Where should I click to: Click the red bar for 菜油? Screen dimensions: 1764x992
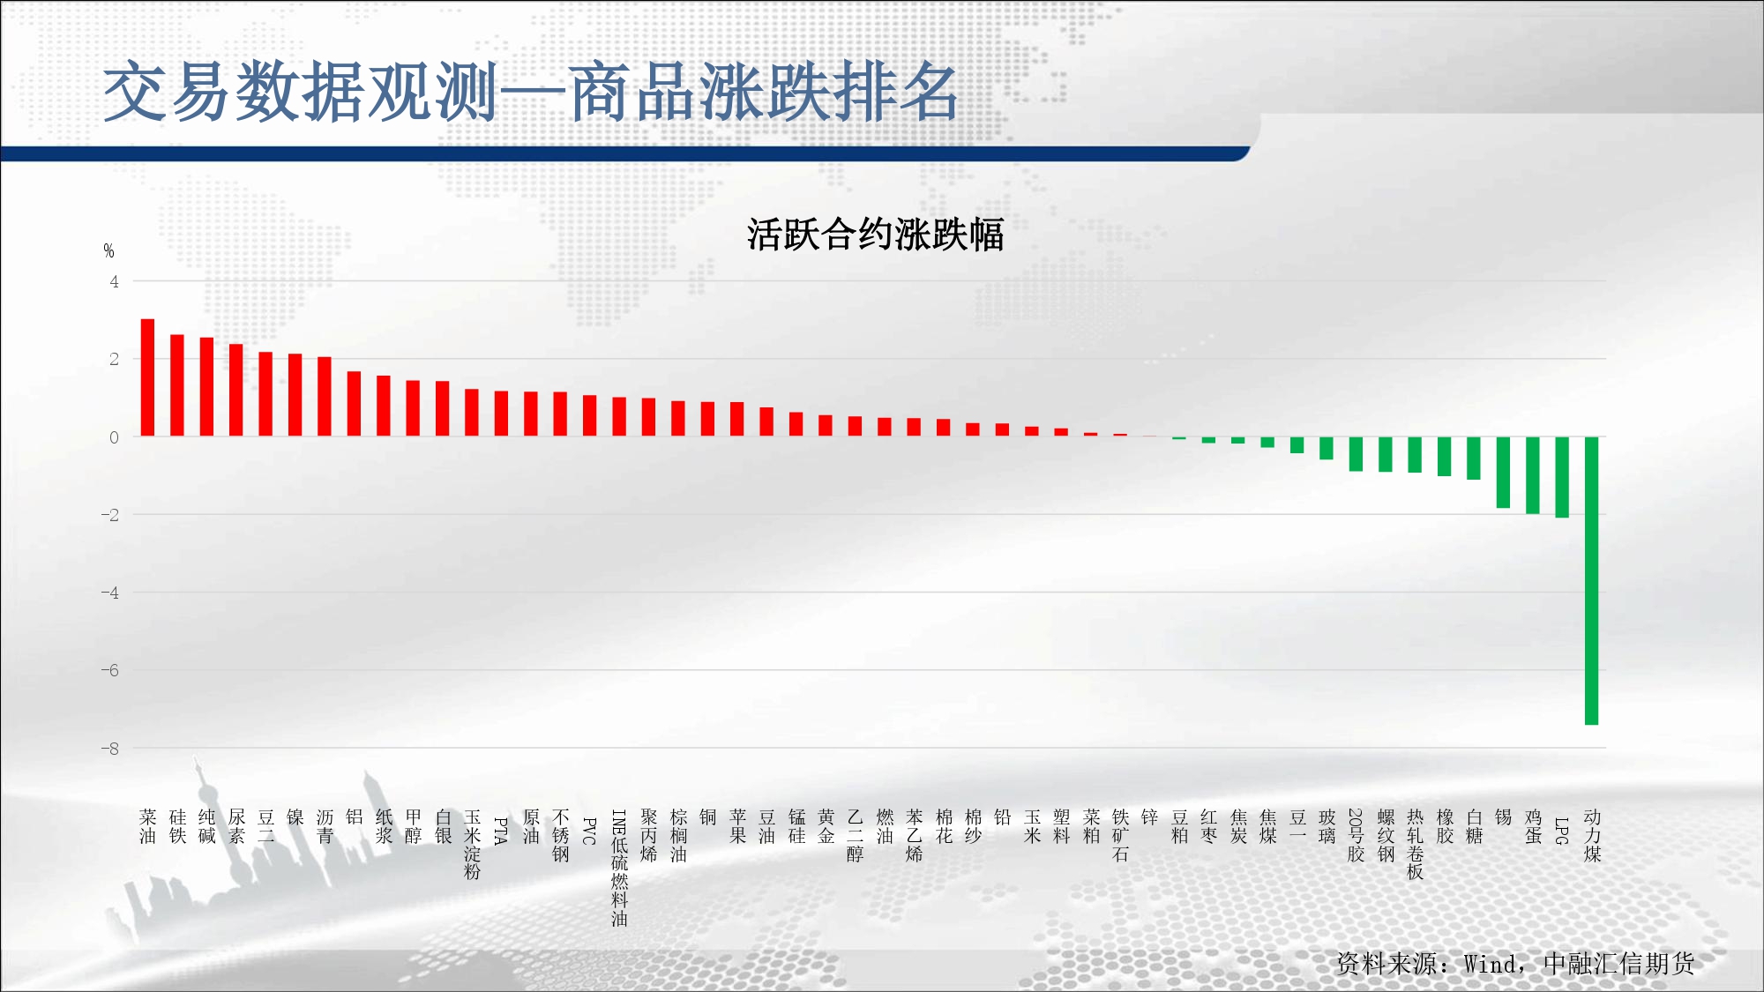click(147, 377)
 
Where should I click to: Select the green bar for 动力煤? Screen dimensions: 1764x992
click(1591, 581)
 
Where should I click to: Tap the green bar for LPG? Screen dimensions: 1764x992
click(1562, 477)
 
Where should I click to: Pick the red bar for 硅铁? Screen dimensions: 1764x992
click(177, 385)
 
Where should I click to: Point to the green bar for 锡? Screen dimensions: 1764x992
click(1503, 473)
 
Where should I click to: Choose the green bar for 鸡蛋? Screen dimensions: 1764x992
click(1533, 475)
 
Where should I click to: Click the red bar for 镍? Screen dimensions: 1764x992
click(295, 395)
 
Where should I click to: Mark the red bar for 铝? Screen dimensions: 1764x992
click(354, 404)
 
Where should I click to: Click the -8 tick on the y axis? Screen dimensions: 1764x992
click(109, 749)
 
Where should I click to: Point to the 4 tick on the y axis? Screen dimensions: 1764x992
click(114, 282)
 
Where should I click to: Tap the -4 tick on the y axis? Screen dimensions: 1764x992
click(109, 593)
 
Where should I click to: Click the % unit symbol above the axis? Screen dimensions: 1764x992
click(108, 251)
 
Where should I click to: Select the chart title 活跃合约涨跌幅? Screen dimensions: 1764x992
click(875, 235)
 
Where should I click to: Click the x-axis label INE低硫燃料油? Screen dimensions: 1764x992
click(619, 868)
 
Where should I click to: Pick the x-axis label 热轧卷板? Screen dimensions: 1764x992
click(1415, 844)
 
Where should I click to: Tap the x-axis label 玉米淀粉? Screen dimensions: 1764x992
click(472, 844)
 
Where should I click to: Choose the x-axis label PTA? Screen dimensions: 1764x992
click(501, 831)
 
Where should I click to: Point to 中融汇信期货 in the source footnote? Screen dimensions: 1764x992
click(1619, 964)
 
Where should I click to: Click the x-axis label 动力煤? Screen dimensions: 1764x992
click(1592, 835)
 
